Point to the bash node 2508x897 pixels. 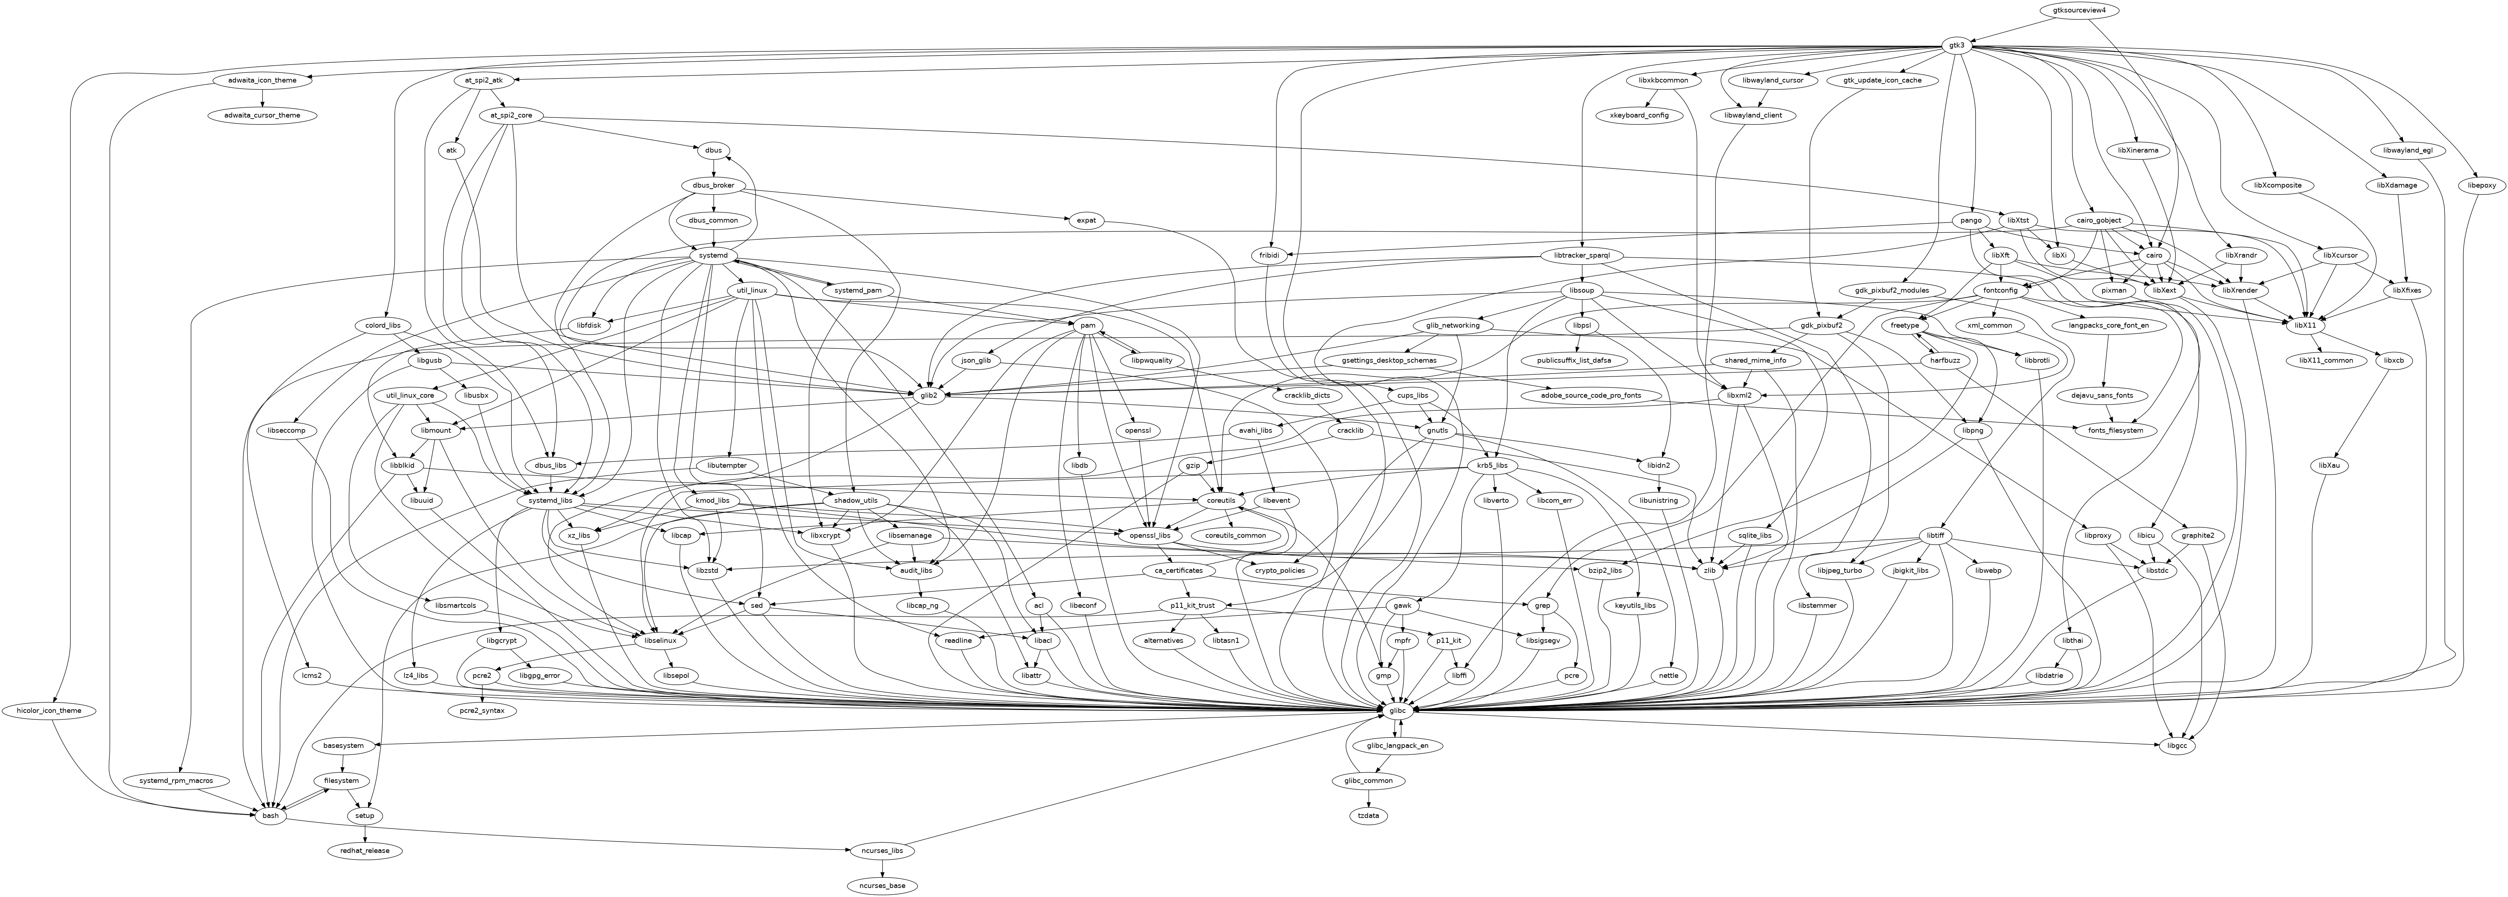(x=271, y=815)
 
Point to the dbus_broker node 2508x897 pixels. (x=714, y=185)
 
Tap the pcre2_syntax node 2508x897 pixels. (x=484, y=711)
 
